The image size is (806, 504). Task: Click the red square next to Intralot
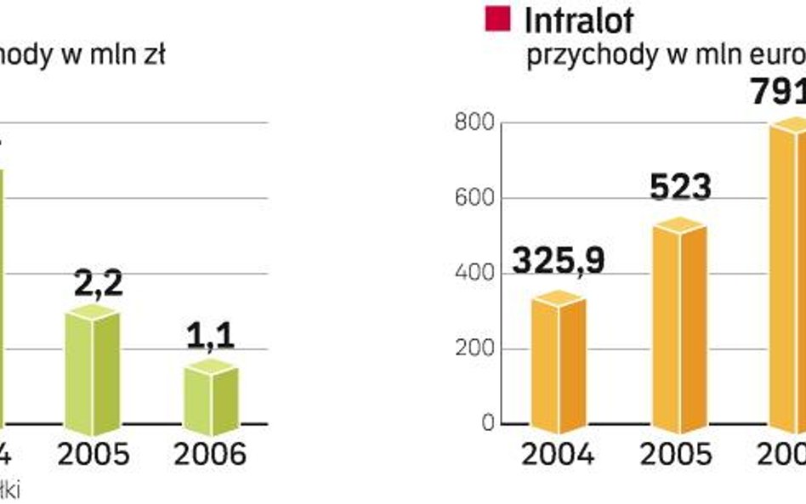tap(497, 19)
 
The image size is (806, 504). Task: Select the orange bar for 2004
tap(559, 360)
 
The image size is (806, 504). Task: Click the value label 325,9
tap(559, 261)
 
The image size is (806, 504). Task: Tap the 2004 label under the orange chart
tap(559, 455)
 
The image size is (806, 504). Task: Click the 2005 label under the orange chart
tap(678, 455)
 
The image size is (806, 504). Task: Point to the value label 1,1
tap(210, 337)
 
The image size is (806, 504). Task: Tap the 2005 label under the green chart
tap(94, 455)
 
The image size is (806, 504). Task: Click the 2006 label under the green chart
tap(210, 455)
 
